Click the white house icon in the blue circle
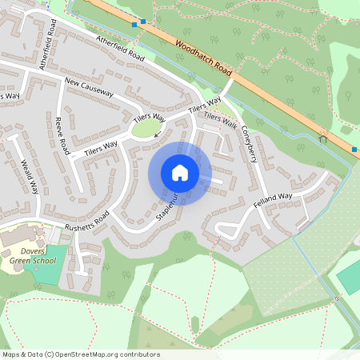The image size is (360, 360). [x=180, y=173]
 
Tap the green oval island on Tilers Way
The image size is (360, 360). [x=146, y=128]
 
